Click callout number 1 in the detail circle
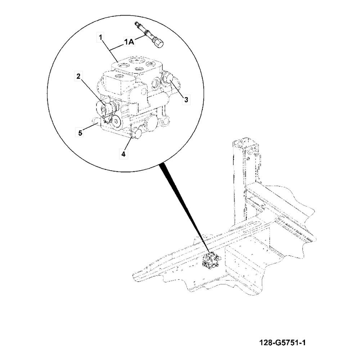[x=101, y=37]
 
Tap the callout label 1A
[x=129, y=42]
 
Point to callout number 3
[x=186, y=100]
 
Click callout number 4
[x=123, y=154]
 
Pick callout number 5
[x=80, y=133]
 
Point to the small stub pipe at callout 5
[x=95, y=121]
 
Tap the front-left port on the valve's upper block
[x=118, y=76]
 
